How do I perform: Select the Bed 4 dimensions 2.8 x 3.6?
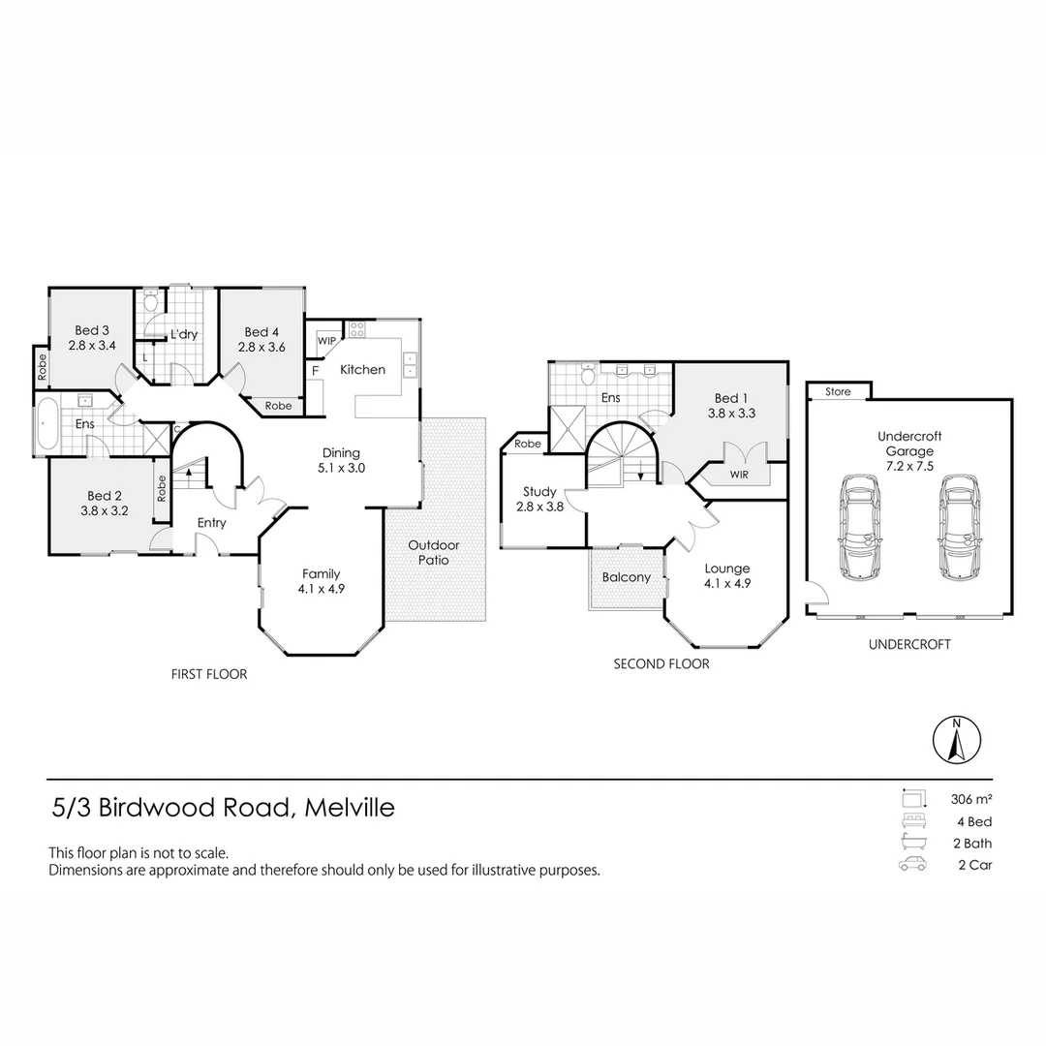[261, 347]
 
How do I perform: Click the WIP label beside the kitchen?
[326, 341]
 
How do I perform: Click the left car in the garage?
[859, 528]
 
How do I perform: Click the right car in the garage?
[955, 528]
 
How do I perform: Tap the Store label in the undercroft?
[838, 392]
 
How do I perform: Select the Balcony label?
[626, 577]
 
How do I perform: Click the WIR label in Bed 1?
[738, 475]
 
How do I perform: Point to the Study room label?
[539, 492]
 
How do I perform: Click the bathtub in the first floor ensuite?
[46, 423]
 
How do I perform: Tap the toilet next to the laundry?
[150, 302]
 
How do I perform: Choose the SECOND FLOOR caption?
[661, 664]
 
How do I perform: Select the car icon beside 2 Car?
[912, 865]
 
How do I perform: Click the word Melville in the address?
[350, 808]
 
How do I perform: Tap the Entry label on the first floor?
[211, 523]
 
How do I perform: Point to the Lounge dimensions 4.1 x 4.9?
[726, 583]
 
